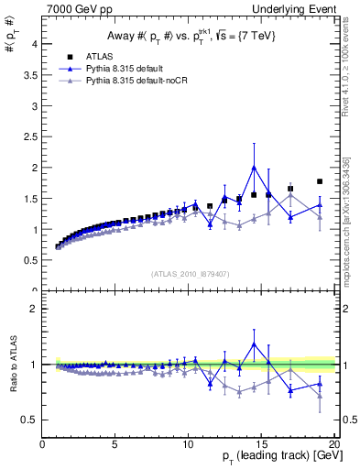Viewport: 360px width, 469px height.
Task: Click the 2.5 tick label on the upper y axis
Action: coord(29,136)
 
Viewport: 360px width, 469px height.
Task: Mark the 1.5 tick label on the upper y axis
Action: coord(29,199)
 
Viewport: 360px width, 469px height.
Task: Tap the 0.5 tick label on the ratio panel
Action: coord(29,420)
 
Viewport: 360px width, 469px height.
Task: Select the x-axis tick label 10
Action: coord(189,446)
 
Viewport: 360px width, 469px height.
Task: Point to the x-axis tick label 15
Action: coord(262,446)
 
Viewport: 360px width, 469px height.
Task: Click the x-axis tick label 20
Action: coord(334,446)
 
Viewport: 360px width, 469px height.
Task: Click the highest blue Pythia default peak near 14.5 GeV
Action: coord(254,167)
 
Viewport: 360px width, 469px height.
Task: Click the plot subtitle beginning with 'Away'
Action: coord(189,36)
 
